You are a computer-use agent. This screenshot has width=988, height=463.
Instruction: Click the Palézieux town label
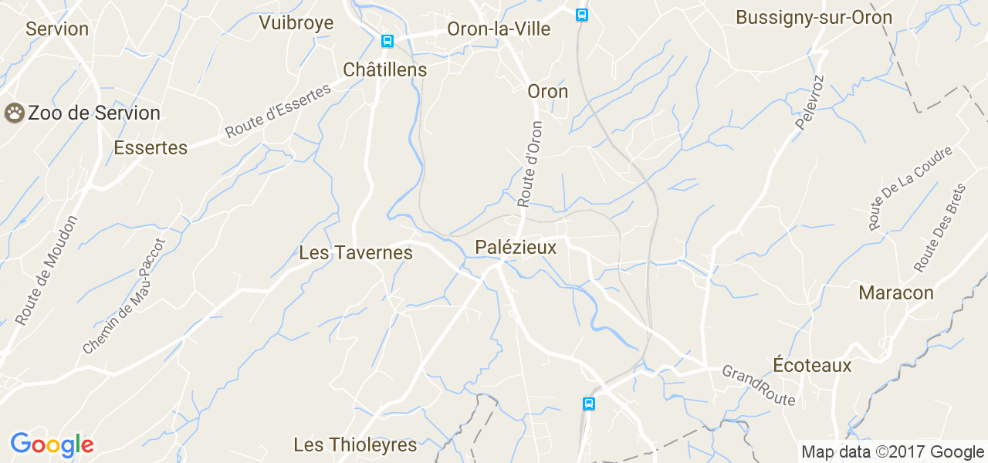click(516, 247)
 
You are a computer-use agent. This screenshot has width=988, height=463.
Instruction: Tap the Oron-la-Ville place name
click(499, 29)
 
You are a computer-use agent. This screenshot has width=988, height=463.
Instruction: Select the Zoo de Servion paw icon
click(15, 113)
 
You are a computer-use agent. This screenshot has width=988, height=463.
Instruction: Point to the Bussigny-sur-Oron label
click(814, 18)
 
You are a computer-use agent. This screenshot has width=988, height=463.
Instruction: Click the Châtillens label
click(384, 69)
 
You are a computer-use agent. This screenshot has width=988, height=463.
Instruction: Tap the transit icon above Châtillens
click(387, 41)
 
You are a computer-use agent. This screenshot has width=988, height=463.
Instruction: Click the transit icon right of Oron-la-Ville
click(582, 15)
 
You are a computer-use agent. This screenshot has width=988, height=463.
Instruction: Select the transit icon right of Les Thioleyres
click(589, 404)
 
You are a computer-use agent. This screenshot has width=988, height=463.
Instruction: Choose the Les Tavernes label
click(355, 253)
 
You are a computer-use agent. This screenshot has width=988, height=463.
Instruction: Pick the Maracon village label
click(895, 293)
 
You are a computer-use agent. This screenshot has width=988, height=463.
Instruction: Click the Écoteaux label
click(812, 366)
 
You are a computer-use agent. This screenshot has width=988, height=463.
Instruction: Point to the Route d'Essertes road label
click(278, 112)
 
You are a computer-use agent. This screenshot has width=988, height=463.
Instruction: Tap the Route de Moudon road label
click(46, 270)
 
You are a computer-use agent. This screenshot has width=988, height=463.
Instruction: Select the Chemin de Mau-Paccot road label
click(124, 296)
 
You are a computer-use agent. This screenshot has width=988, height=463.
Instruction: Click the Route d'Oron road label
click(530, 164)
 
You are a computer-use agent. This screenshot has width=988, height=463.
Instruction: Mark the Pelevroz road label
click(809, 103)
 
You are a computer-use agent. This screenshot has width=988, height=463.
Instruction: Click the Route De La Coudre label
click(910, 188)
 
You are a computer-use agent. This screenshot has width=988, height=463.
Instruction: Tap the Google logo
click(52, 445)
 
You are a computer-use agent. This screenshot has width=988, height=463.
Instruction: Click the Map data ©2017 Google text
click(892, 452)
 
